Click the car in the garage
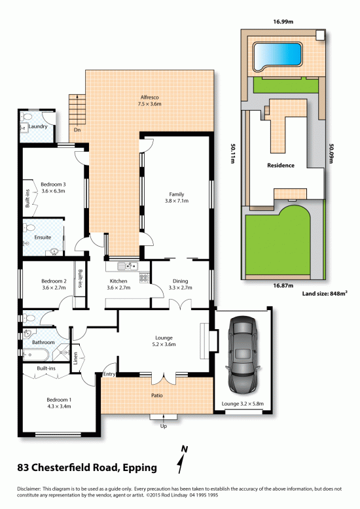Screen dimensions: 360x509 (x=243, y=354)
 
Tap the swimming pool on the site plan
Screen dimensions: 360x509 (x=277, y=56)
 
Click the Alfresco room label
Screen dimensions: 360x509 (x=150, y=97)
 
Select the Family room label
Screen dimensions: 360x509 (x=177, y=194)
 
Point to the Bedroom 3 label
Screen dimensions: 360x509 (x=53, y=184)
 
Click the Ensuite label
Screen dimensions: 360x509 (x=43, y=237)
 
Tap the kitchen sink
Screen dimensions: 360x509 (x=128, y=266)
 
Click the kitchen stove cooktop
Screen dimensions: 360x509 (x=144, y=278)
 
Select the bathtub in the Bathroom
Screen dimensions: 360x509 (x=36, y=355)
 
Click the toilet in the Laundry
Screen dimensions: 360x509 (x=26, y=116)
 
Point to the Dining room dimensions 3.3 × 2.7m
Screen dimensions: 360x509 (x=180, y=288)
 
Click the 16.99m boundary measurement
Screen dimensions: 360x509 (x=283, y=22)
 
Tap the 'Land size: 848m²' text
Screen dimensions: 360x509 (x=325, y=294)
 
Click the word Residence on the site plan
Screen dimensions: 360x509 (x=281, y=166)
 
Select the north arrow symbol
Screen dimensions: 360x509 (x=182, y=459)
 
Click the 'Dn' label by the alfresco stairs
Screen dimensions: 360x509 (x=77, y=130)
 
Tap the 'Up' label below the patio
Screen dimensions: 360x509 (x=164, y=426)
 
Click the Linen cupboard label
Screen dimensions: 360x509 (x=75, y=358)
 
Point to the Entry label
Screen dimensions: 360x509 (x=109, y=374)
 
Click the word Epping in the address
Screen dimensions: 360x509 (x=139, y=468)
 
